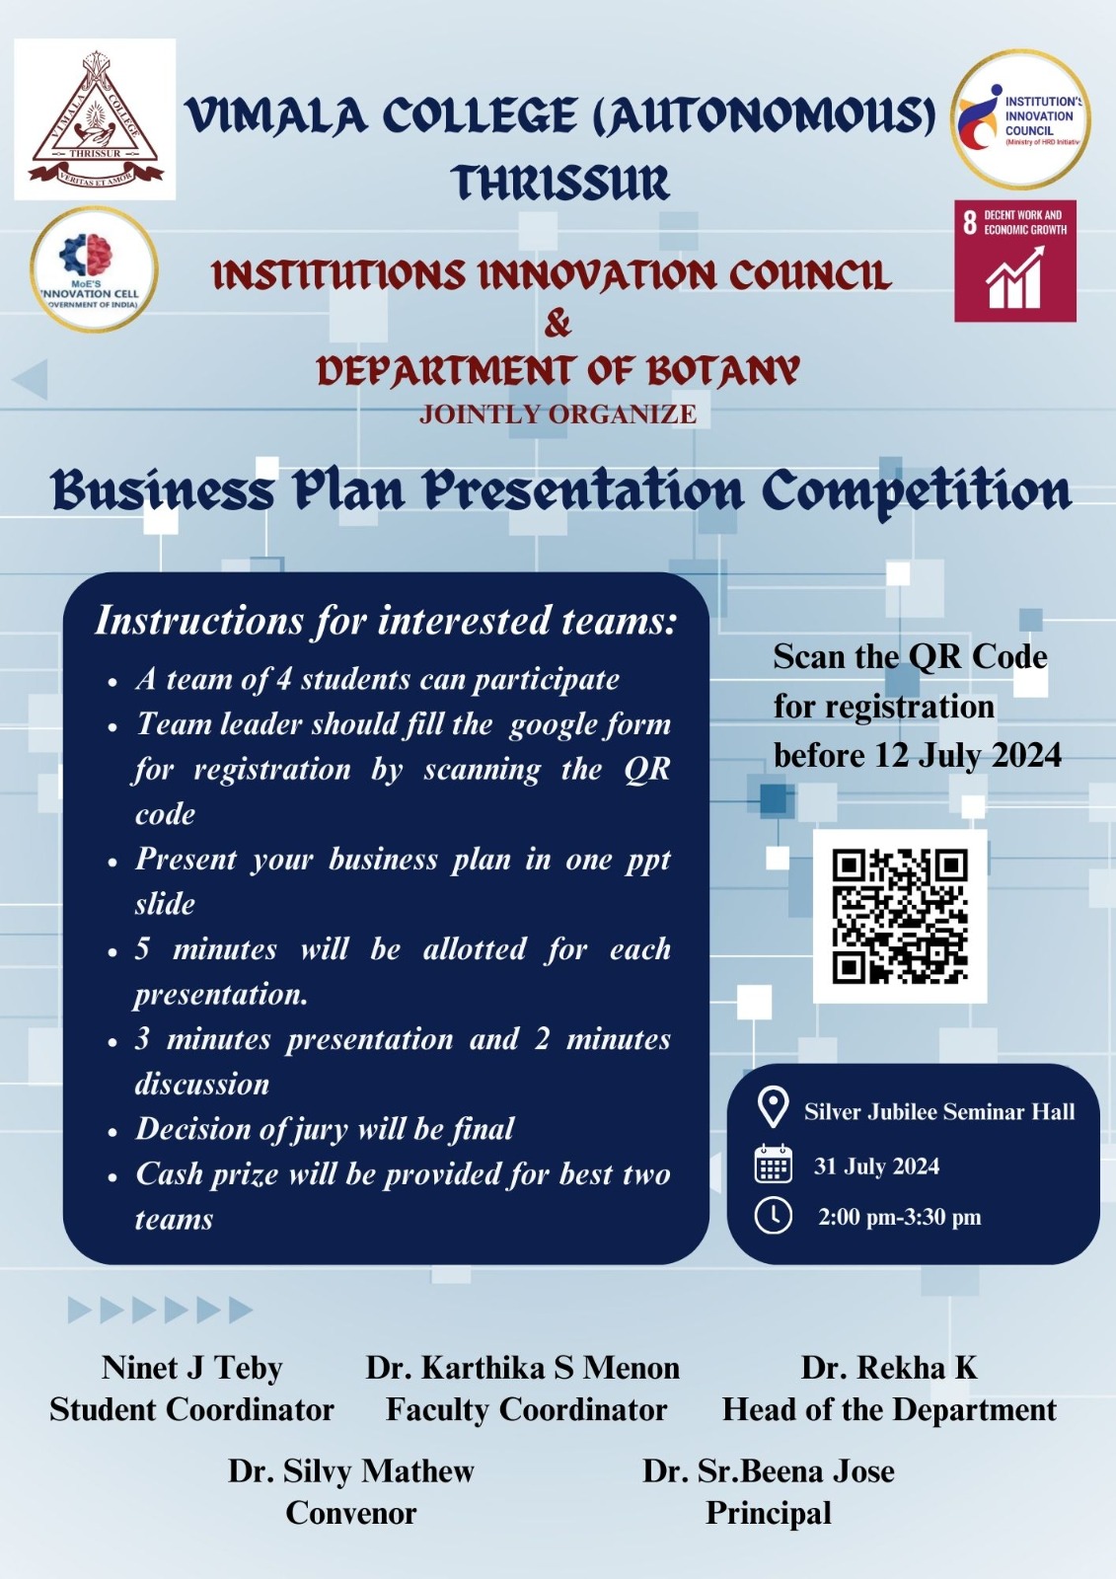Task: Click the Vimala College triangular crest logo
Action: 95,119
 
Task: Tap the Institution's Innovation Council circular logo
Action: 1020,119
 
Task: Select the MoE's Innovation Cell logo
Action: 94,269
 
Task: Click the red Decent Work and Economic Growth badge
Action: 1015,261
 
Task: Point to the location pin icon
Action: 773,1107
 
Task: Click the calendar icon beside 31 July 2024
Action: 774,1164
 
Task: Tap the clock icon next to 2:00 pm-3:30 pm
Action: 774,1216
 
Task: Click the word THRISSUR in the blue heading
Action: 560,183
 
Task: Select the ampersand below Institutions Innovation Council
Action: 558,324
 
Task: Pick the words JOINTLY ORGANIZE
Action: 558,414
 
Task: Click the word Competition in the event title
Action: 918,491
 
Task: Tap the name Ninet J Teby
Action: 191,1368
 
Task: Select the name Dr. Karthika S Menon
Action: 522,1368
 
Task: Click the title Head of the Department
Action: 890,1410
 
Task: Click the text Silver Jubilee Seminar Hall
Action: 939,1111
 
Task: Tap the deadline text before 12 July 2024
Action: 918,755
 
